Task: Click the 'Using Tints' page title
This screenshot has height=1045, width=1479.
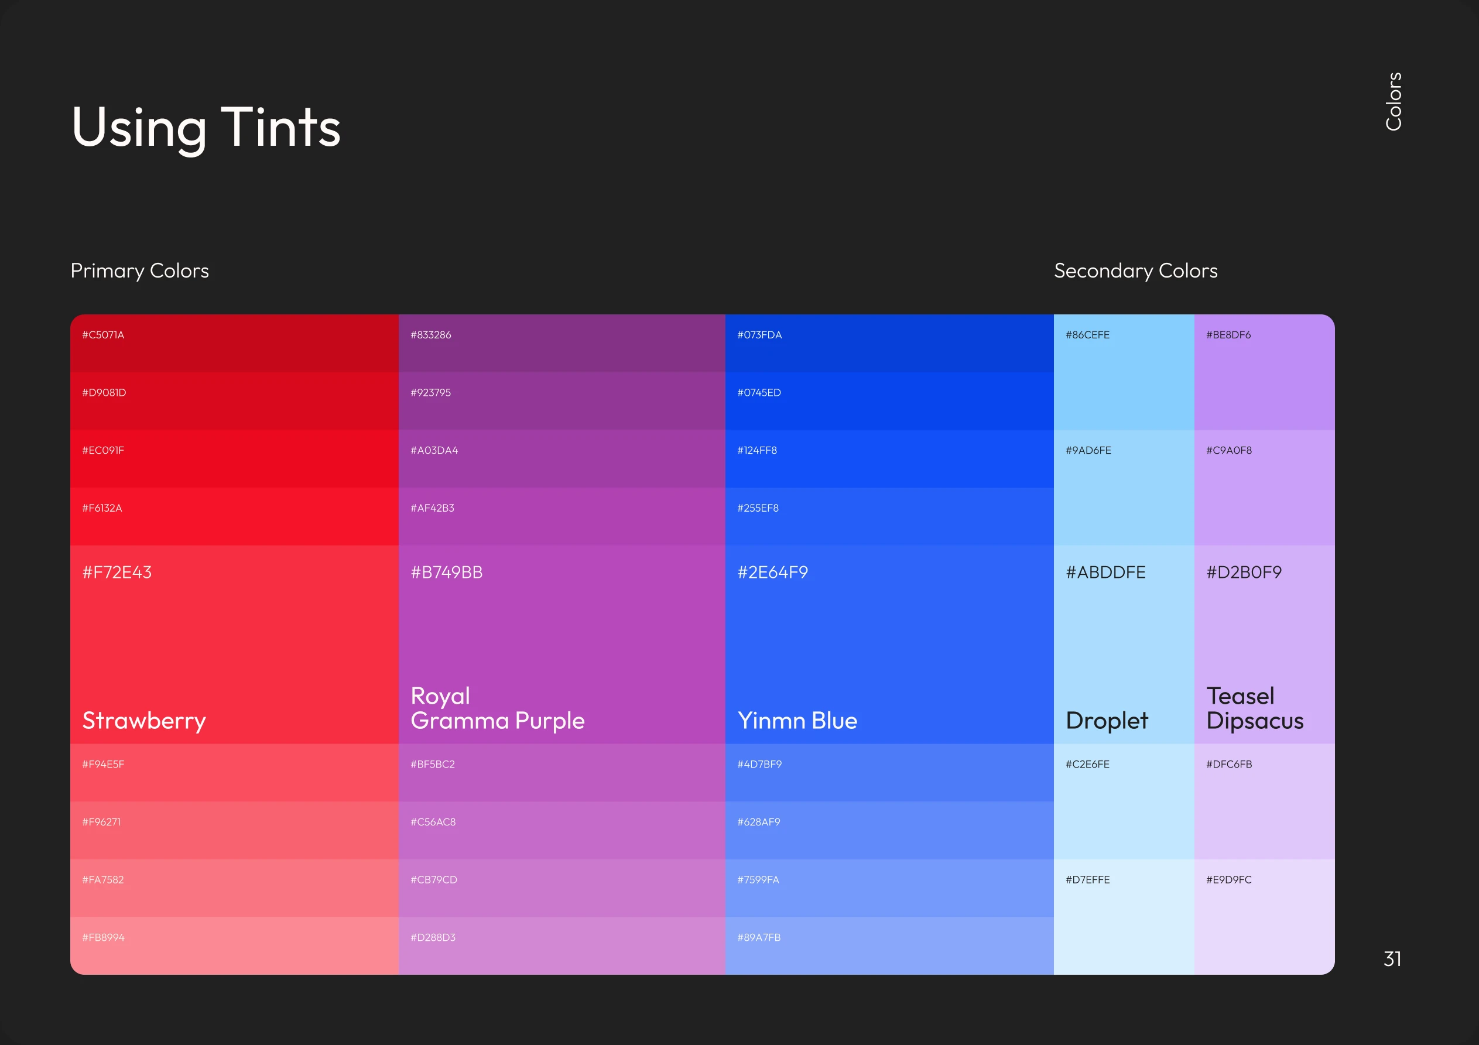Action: tap(206, 127)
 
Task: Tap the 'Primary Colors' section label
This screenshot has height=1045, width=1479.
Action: tap(140, 270)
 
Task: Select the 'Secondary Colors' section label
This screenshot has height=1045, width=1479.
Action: tap(1135, 270)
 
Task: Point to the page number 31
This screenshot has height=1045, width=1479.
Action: tap(1392, 959)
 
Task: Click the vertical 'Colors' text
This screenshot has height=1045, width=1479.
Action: tap(1394, 101)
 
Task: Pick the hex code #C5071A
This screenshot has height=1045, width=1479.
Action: tap(103, 335)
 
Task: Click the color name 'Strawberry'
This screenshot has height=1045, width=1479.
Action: tap(144, 720)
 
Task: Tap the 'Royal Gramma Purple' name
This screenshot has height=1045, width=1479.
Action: tap(497, 708)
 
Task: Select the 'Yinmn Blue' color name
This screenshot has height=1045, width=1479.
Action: tap(797, 720)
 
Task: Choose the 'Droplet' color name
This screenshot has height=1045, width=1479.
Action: tap(1106, 720)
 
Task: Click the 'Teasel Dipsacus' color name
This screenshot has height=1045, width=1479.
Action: tap(1254, 708)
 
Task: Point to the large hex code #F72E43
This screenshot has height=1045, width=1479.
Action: tap(117, 572)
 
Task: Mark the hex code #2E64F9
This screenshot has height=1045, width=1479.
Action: tap(772, 572)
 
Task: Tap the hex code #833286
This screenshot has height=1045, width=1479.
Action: tap(431, 335)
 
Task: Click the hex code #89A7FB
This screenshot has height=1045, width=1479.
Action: tap(759, 937)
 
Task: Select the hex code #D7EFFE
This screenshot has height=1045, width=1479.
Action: tap(1087, 879)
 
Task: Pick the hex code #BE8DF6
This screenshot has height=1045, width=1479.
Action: tap(1228, 335)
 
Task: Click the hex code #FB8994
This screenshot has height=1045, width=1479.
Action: tap(103, 937)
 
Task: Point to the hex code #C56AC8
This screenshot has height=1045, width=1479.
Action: tap(433, 822)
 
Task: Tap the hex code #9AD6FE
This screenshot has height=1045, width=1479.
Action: tap(1088, 450)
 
